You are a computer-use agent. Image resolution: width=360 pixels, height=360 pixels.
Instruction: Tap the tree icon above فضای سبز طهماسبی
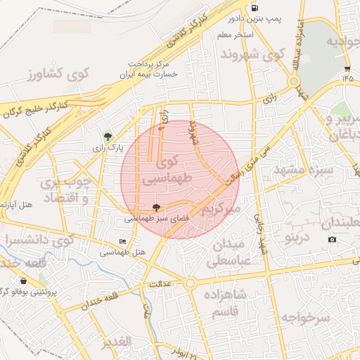155,207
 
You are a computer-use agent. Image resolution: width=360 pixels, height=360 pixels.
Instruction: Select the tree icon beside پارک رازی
108,136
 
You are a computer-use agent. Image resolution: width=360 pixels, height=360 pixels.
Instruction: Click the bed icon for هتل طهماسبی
123,242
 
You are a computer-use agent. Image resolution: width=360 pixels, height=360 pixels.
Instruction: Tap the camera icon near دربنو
332,240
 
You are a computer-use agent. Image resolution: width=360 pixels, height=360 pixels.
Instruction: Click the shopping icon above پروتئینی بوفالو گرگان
24,281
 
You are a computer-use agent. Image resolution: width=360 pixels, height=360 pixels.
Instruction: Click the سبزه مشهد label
300,170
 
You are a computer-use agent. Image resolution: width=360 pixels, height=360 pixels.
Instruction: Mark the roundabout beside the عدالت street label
190,283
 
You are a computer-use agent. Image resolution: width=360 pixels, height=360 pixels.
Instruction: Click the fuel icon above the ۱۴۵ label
347,69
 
